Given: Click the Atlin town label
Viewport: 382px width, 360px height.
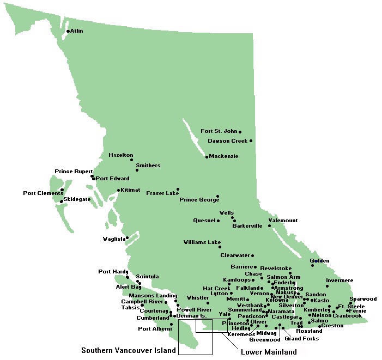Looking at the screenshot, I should point(77,31).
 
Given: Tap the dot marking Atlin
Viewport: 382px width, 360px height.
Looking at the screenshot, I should point(68,31).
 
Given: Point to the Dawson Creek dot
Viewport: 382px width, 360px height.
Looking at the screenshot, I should point(251,141).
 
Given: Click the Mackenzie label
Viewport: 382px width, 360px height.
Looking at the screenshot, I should point(224,156).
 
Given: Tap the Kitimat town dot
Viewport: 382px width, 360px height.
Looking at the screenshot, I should point(118,190).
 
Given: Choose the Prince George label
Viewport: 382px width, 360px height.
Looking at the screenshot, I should point(199,200).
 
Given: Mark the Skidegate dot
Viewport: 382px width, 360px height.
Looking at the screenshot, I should point(62,202).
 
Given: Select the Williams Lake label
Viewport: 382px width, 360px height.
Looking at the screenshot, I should point(202,242).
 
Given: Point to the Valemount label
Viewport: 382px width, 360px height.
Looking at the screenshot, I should point(283,221).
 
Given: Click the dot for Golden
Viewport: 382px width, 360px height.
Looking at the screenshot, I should point(312,265).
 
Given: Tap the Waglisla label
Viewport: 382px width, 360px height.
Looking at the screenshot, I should point(114,239).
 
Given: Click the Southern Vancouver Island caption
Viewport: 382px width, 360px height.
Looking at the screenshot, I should point(129,350).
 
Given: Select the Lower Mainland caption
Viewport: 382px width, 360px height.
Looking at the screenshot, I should point(269,352).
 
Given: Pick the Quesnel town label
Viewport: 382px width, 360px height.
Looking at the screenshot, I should point(204,221).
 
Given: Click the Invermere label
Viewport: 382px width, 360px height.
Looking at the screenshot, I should point(339,281).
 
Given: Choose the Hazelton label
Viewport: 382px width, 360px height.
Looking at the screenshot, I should point(120,155).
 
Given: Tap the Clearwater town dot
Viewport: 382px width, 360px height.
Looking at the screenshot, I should point(252,255).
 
